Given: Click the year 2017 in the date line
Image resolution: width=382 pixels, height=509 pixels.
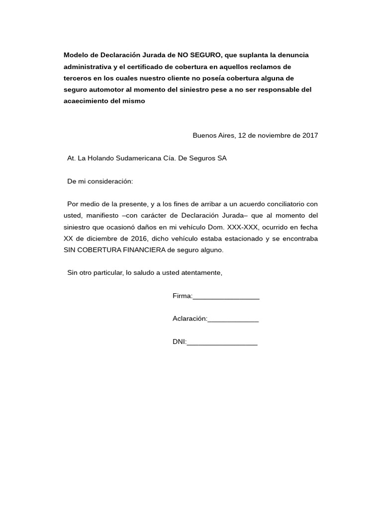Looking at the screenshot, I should [x=309, y=135].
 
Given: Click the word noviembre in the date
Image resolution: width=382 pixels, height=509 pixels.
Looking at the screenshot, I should [x=275, y=135].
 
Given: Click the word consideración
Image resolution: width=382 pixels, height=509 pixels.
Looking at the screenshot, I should [x=111, y=181].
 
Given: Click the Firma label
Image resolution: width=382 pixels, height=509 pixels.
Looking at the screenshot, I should [x=182, y=296].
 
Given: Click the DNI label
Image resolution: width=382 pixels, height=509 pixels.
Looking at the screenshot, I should [x=179, y=342].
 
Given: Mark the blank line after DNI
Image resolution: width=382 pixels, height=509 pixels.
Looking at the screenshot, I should [x=222, y=343].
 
